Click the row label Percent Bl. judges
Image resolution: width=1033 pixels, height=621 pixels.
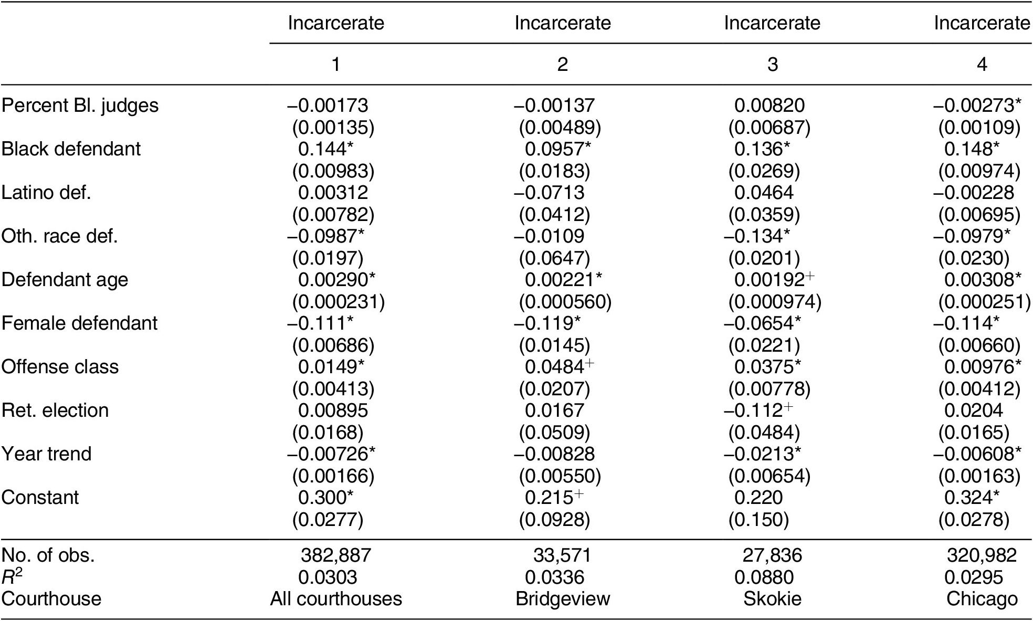(80, 106)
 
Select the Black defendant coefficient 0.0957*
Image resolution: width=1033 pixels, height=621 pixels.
(557, 149)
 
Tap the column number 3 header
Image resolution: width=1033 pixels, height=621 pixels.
(772, 64)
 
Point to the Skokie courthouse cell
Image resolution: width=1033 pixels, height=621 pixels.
(772, 599)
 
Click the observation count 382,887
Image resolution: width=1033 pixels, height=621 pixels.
(336, 555)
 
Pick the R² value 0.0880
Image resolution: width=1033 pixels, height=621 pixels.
(764, 577)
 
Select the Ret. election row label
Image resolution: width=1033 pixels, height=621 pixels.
(55, 411)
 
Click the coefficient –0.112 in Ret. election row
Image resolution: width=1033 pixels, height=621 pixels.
(758, 411)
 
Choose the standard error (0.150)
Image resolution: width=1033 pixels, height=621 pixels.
(758, 520)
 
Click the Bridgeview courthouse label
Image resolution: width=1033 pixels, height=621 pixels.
(563, 599)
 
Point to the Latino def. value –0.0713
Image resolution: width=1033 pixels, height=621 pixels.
(549, 193)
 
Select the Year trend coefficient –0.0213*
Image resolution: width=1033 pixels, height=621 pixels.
(762, 454)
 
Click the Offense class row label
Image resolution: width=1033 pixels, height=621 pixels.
(60, 367)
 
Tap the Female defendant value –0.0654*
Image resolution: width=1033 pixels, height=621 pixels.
(762, 323)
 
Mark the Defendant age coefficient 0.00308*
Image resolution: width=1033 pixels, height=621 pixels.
(983, 280)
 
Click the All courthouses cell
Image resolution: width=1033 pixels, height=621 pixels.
(336, 599)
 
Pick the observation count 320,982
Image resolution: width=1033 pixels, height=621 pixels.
(982, 555)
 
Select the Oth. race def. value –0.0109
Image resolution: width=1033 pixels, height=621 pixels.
(549, 236)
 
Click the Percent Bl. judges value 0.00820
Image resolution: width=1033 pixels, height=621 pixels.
(769, 106)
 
